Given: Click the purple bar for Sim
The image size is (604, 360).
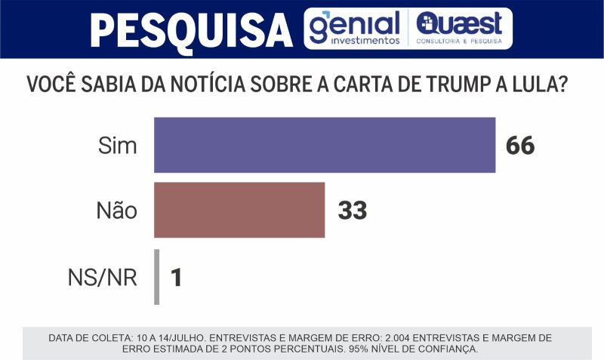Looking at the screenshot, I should click(x=325, y=145).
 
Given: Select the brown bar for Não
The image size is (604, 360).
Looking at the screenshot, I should click(x=239, y=210).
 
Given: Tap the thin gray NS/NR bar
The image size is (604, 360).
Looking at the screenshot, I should click(x=156, y=277).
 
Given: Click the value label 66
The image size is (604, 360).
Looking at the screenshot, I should click(x=520, y=146).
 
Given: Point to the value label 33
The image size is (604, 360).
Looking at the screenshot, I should click(x=352, y=211).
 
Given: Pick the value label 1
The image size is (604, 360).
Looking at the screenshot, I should click(x=177, y=278).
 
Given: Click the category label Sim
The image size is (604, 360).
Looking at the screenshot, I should click(x=118, y=146).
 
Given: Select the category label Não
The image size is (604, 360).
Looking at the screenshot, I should click(x=116, y=211).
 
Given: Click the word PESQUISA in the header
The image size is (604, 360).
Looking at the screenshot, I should click(x=190, y=30).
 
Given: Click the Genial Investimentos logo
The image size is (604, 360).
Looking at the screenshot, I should click(x=355, y=29).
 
